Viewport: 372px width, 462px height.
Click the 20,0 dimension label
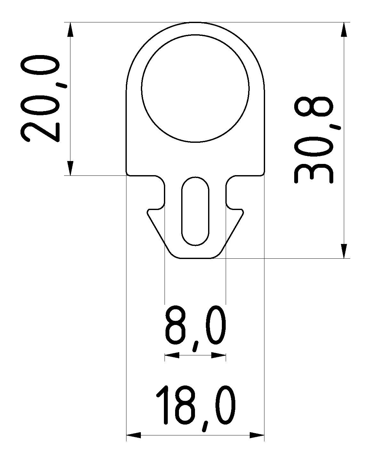(40, 99)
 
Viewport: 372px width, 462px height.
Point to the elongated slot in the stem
(195, 211)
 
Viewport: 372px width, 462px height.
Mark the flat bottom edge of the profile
(195, 258)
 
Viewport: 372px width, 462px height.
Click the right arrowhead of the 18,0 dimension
(257, 435)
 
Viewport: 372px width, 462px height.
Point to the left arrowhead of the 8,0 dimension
(172, 355)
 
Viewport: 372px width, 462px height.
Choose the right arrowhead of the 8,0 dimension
(219, 355)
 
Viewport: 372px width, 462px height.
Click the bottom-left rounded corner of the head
(128, 174)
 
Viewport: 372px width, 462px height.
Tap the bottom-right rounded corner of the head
(263, 174)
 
